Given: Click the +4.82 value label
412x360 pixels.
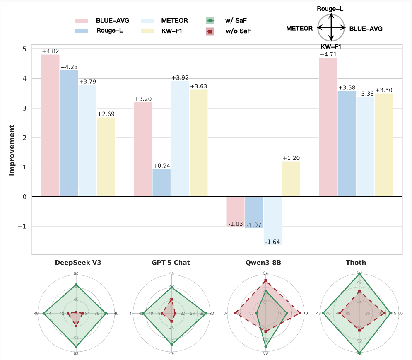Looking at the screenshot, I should [x=50, y=51].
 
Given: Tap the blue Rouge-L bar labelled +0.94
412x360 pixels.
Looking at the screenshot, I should [x=161, y=183].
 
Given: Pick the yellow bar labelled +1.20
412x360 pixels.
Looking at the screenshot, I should [x=291, y=179].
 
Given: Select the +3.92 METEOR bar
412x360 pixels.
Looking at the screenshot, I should [x=180, y=139].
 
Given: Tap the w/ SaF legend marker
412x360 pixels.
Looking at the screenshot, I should [x=210, y=20].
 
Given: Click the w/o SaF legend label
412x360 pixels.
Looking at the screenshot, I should [x=238, y=31].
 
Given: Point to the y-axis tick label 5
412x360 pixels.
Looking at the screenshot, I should [x=24, y=49].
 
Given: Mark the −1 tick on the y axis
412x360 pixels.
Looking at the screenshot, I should [x=23, y=226].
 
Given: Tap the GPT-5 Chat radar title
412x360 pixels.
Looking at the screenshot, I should [x=171, y=263].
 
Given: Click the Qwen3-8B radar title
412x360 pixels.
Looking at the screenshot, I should [x=265, y=263].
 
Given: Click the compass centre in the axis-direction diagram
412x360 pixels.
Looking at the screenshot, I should [x=331, y=28].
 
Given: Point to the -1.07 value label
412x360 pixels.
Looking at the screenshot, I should [x=254, y=225].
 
